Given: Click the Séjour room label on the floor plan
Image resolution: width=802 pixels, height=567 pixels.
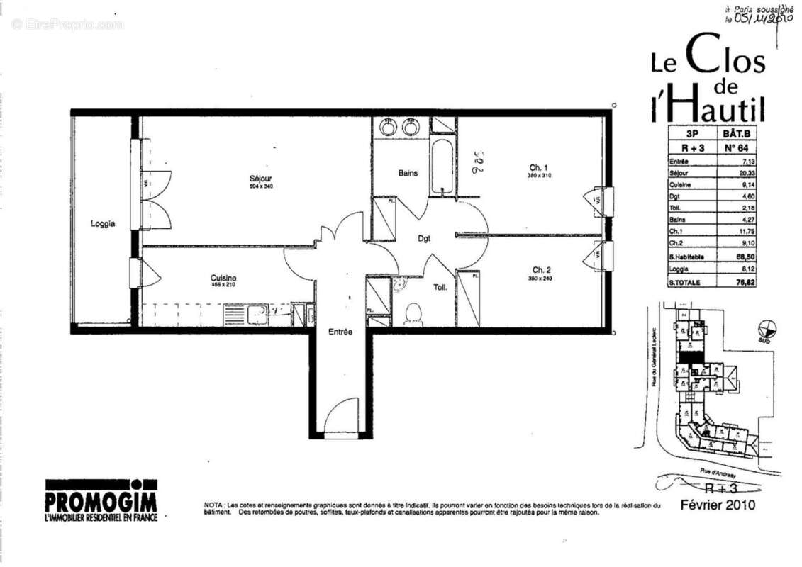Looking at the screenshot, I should pyautogui.click(x=260, y=178).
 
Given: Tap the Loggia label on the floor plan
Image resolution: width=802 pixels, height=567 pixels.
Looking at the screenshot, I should pyautogui.click(x=103, y=224).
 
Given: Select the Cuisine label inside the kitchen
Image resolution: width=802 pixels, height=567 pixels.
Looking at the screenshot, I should pyautogui.click(x=223, y=278).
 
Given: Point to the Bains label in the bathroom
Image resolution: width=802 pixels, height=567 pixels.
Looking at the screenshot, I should pyautogui.click(x=408, y=173).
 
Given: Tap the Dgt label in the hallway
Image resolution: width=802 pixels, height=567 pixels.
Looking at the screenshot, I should pyautogui.click(x=423, y=239).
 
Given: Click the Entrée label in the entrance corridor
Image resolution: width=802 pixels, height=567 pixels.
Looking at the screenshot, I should pyautogui.click(x=340, y=332).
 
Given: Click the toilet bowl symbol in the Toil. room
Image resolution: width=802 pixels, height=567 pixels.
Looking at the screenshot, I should pyautogui.click(x=413, y=313).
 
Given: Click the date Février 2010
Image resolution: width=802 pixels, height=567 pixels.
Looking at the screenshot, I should pyautogui.click(x=718, y=505).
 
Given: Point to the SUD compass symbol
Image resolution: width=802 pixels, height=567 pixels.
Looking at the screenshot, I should pyautogui.click(x=767, y=330).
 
